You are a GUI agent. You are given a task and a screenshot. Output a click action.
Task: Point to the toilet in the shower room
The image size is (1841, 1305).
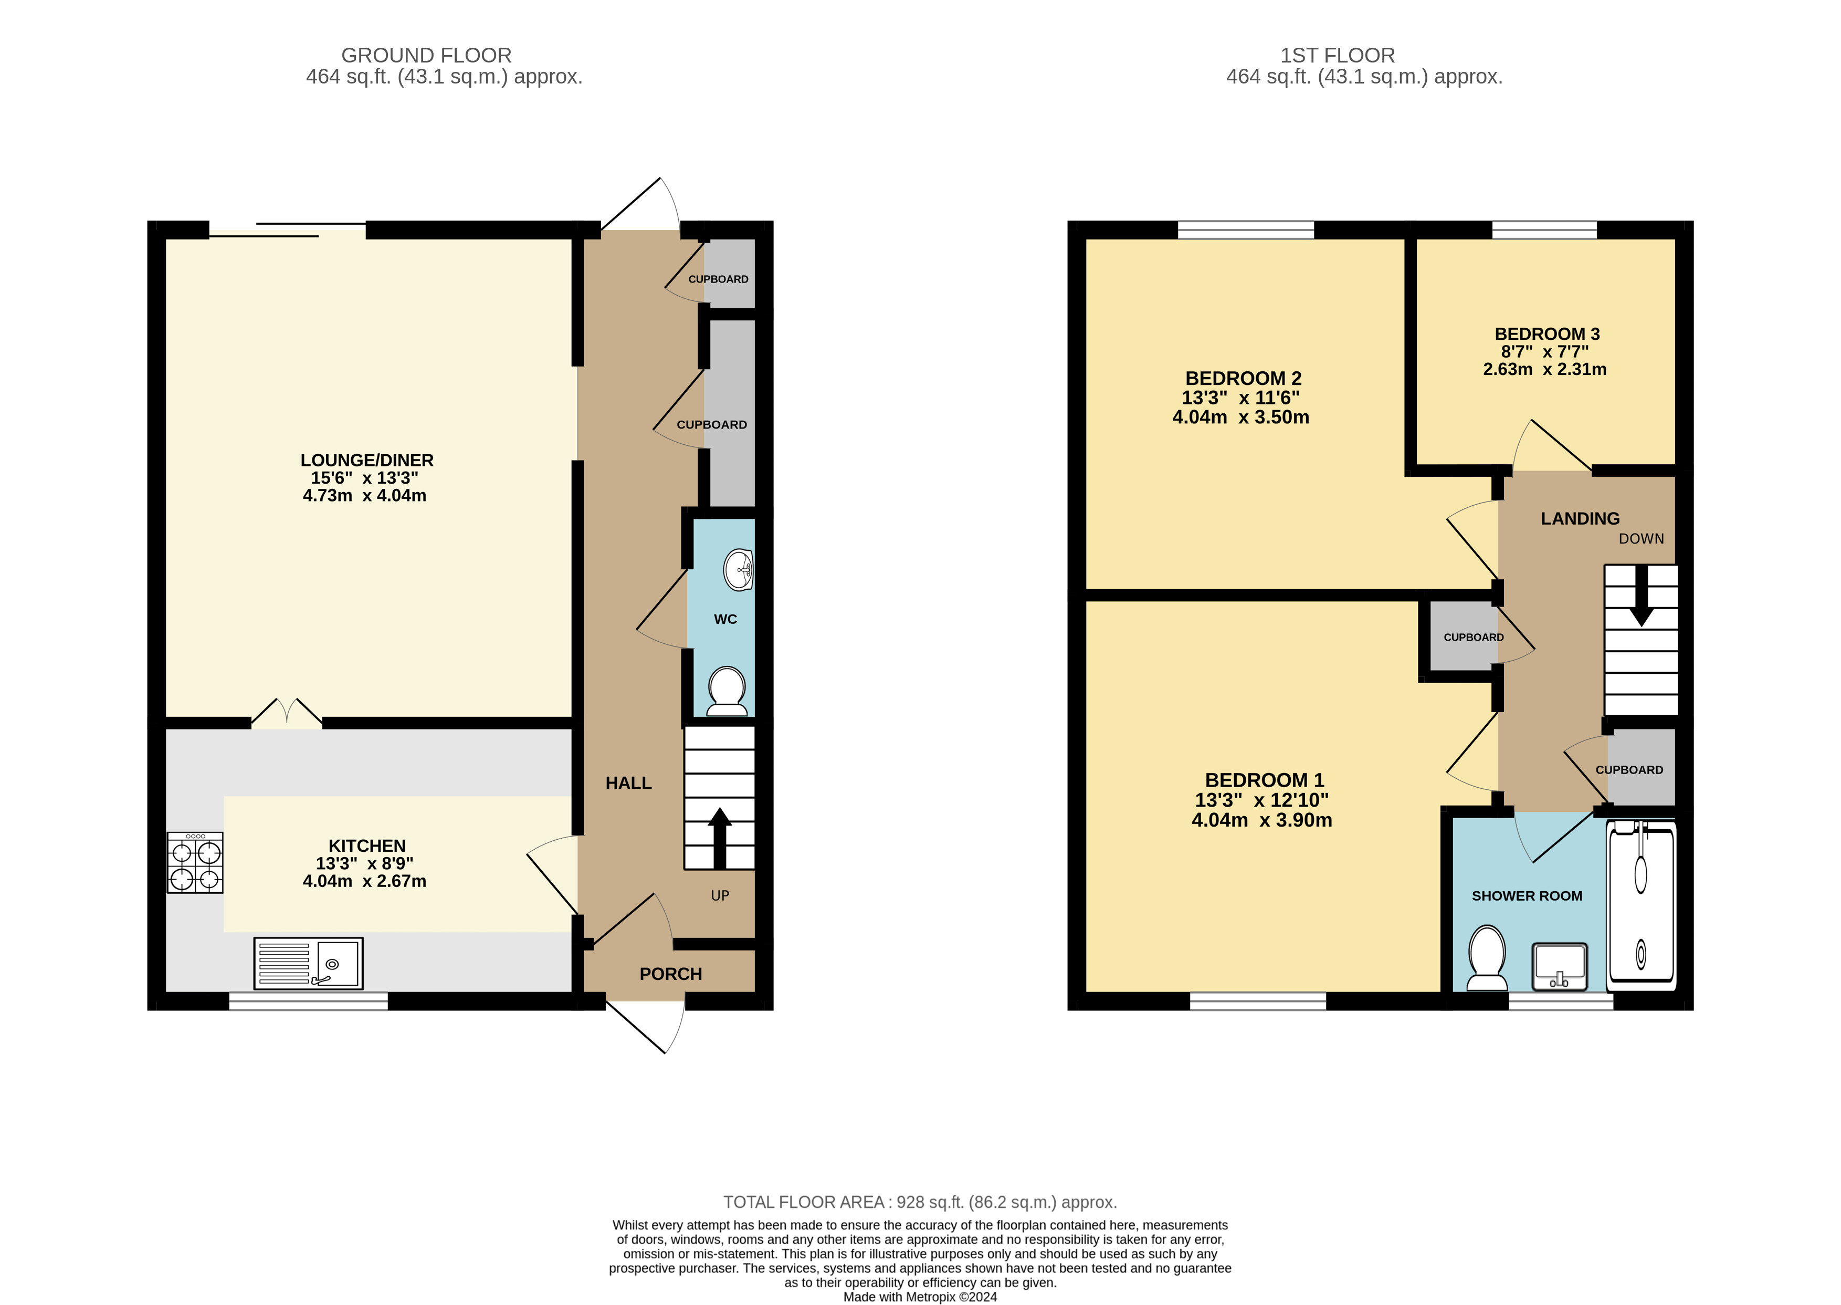pyautogui.click(x=1487, y=958)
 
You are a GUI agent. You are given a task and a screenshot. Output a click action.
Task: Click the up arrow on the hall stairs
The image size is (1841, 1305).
pyautogui.click(x=720, y=838)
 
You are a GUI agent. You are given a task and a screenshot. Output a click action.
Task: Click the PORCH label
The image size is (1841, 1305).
pyautogui.click(x=671, y=974)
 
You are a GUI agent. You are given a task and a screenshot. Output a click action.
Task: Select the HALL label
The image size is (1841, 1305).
pyautogui.click(x=628, y=782)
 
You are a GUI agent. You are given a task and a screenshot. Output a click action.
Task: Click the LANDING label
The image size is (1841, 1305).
pyautogui.click(x=1580, y=518)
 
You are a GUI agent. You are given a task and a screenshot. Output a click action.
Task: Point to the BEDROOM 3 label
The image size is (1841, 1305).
pyautogui.click(x=1547, y=333)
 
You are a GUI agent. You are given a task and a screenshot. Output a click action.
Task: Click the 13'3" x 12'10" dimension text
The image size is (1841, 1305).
pyautogui.click(x=1262, y=800)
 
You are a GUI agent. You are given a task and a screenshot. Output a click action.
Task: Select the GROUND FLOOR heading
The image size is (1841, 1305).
pyautogui.click(x=426, y=56)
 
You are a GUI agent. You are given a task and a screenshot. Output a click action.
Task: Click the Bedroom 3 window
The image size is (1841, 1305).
pyautogui.click(x=1544, y=230)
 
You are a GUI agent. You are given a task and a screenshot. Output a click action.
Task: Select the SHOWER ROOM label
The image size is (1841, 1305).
pyautogui.click(x=1527, y=896)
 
